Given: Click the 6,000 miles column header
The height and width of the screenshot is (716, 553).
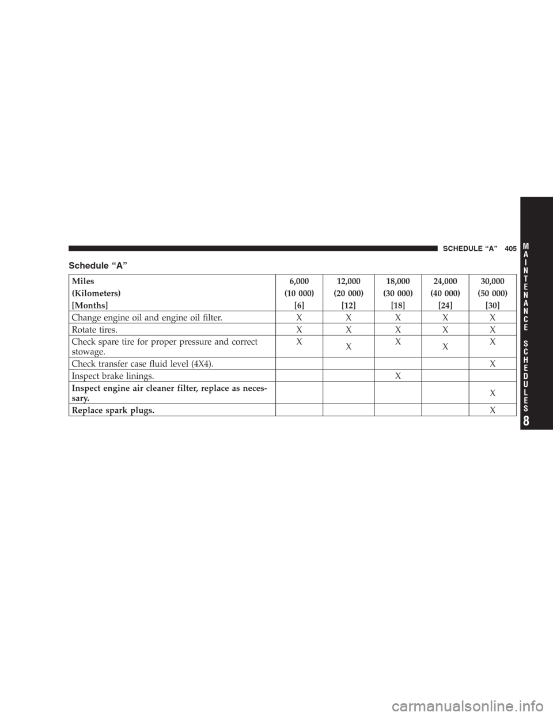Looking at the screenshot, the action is point(299,281).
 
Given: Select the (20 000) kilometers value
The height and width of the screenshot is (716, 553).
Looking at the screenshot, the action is point(349,293).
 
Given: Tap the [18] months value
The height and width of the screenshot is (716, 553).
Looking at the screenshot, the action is point(397,306).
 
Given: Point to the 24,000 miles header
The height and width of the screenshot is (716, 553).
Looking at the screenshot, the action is point(445,281).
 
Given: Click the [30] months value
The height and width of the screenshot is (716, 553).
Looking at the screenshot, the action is point(493,306).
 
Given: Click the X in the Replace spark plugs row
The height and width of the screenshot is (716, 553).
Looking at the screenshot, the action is point(493,410).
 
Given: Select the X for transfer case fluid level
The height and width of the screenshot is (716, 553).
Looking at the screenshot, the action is point(493,363).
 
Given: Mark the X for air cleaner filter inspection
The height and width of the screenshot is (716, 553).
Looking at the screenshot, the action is point(493,393).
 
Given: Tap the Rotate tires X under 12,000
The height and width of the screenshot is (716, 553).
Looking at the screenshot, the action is point(349,329).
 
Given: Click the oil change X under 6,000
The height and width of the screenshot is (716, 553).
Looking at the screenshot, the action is point(299,317).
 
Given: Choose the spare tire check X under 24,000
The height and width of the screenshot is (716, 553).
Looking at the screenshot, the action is point(445,346).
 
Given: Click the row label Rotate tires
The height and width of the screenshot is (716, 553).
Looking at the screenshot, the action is point(94,330).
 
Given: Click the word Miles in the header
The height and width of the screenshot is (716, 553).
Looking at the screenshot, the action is point(83,281).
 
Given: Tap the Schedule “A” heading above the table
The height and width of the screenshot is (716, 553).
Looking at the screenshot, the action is point(98,265).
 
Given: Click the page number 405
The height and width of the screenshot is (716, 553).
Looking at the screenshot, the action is point(510,249).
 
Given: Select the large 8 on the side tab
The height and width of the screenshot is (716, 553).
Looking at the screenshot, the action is point(526,421).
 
